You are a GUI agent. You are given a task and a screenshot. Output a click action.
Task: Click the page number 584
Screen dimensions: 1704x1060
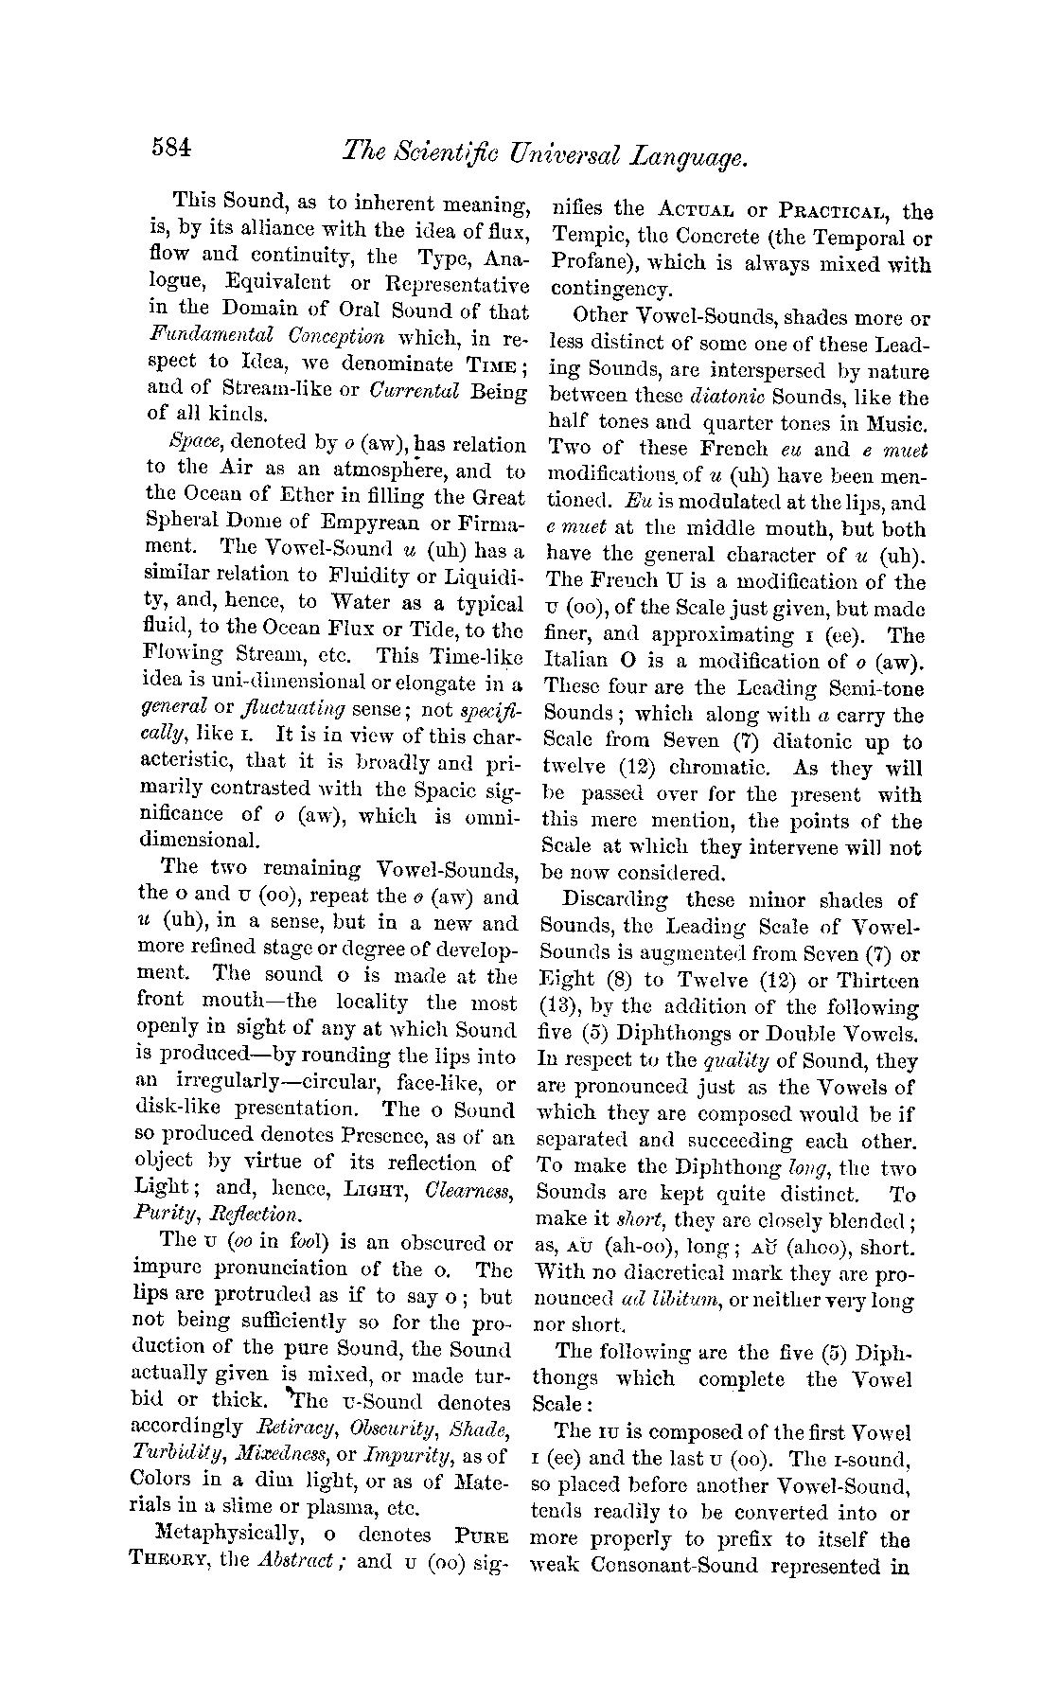tap(170, 150)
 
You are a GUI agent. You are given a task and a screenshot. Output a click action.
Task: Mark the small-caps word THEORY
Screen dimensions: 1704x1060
tap(164, 1560)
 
